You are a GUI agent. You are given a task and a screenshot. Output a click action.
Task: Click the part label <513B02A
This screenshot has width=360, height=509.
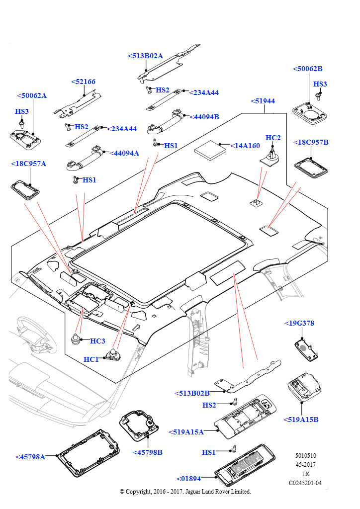pyautogui.click(x=145, y=56)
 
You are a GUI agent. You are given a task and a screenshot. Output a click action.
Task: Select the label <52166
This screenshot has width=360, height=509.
pyautogui.click(x=83, y=82)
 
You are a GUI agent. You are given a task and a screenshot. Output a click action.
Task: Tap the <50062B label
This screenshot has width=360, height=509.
pyautogui.click(x=307, y=69)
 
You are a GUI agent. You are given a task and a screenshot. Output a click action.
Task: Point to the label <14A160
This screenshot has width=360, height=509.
pyautogui.click(x=245, y=146)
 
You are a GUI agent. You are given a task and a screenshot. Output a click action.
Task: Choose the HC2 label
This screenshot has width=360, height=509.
pyautogui.click(x=273, y=138)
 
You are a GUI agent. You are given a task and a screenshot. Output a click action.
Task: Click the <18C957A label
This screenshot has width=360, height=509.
pyautogui.click(x=28, y=164)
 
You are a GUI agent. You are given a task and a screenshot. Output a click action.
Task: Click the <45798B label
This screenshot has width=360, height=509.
pyautogui.click(x=148, y=452)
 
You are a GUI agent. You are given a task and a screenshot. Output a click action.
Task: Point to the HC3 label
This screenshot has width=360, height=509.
pyautogui.click(x=97, y=341)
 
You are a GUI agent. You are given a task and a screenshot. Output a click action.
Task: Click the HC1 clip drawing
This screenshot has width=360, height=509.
pyautogui.click(x=113, y=355)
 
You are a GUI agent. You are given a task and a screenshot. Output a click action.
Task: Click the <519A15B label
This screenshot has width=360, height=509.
pyautogui.click(x=301, y=420)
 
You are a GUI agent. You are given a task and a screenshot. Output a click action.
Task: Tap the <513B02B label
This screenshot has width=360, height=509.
pyautogui.click(x=192, y=393)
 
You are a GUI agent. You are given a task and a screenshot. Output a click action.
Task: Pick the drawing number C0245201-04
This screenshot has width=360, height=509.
pyautogui.click(x=305, y=483)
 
